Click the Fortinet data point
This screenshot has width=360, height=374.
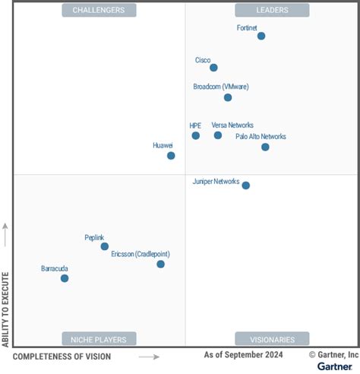261,36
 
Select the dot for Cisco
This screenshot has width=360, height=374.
213,68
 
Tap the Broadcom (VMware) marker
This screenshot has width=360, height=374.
228,97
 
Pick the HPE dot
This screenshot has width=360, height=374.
195,135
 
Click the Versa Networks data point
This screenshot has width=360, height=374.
218,135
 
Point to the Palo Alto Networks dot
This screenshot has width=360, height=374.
265,147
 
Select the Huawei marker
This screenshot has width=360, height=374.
171,155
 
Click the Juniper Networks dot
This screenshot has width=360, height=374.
245,185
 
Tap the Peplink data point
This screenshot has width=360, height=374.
105,246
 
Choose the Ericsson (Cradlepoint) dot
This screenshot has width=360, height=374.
160,264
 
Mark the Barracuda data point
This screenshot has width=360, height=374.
65,278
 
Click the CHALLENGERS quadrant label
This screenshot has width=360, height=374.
99,10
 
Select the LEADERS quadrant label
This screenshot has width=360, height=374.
272,10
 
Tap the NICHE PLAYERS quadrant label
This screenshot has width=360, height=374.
99,339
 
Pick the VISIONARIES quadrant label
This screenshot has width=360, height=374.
272,339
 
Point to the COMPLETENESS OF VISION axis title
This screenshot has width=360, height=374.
62,357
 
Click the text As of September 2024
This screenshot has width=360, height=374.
243,355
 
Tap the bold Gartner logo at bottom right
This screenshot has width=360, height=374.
334,366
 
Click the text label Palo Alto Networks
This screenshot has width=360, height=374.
261,137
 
